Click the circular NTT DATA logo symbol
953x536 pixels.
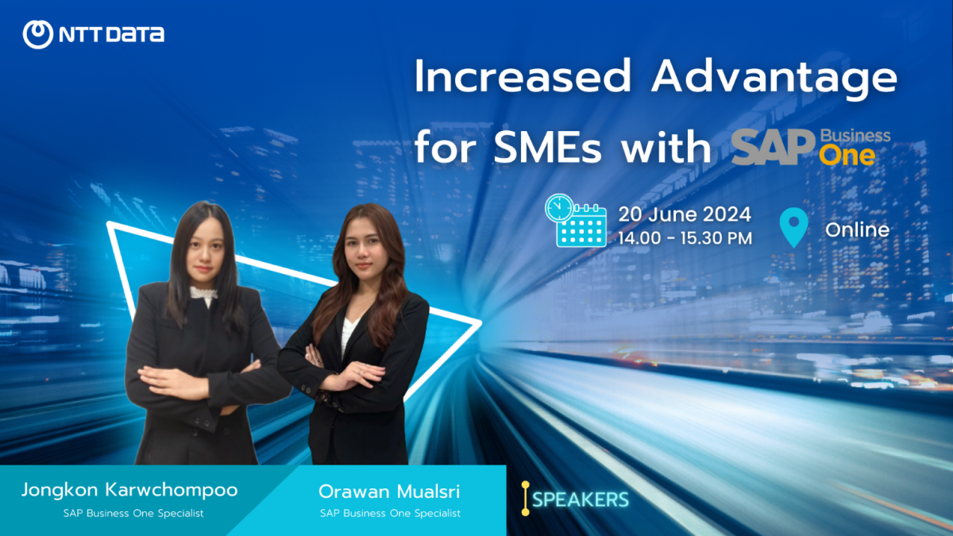pyautogui.click(x=38, y=34)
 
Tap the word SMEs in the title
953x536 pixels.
pyautogui.click(x=547, y=147)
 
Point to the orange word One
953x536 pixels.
pyautogui.click(x=847, y=156)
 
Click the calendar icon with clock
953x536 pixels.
pyautogui.click(x=576, y=221)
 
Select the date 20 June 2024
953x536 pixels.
pyautogui.click(x=685, y=214)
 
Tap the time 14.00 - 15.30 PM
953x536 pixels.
pyautogui.click(x=685, y=238)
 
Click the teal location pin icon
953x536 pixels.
pyautogui.click(x=794, y=227)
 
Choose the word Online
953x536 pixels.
pyautogui.click(x=857, y=230)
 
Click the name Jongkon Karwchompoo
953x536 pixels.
pyautogui.click(x=129, y=491)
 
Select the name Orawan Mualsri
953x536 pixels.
pyautogui.click(x=389, y=492)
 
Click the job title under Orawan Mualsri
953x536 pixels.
pyautogui.click(x=390, y=514)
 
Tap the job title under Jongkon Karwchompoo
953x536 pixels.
pyautogui.click(x=133, y=514)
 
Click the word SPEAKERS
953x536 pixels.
pyautogui.click(x=581, y=499)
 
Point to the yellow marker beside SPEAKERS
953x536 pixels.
pyautogui.click(x=526, y=499)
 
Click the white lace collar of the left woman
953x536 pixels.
pyautogui.click(x=203, y=294)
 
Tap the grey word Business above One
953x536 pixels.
pyautogui.click(x=855, y=136)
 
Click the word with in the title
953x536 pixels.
pyautogui.click(x=666, y=147)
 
